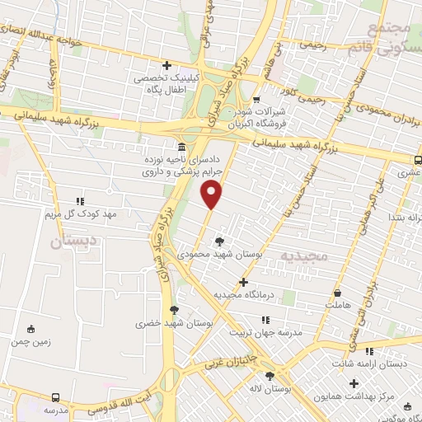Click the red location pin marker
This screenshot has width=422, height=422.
point(212,195)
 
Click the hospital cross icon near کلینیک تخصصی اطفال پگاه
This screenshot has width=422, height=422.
point(167,65)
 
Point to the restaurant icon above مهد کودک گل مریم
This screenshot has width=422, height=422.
point(80,201)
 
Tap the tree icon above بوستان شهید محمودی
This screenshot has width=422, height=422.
point(219,241)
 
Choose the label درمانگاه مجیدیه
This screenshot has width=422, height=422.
point(242,295)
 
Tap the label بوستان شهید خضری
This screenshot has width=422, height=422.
point(173,324)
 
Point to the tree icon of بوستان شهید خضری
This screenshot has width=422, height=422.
point(174,310)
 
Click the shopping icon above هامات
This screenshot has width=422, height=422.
point(337,293)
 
